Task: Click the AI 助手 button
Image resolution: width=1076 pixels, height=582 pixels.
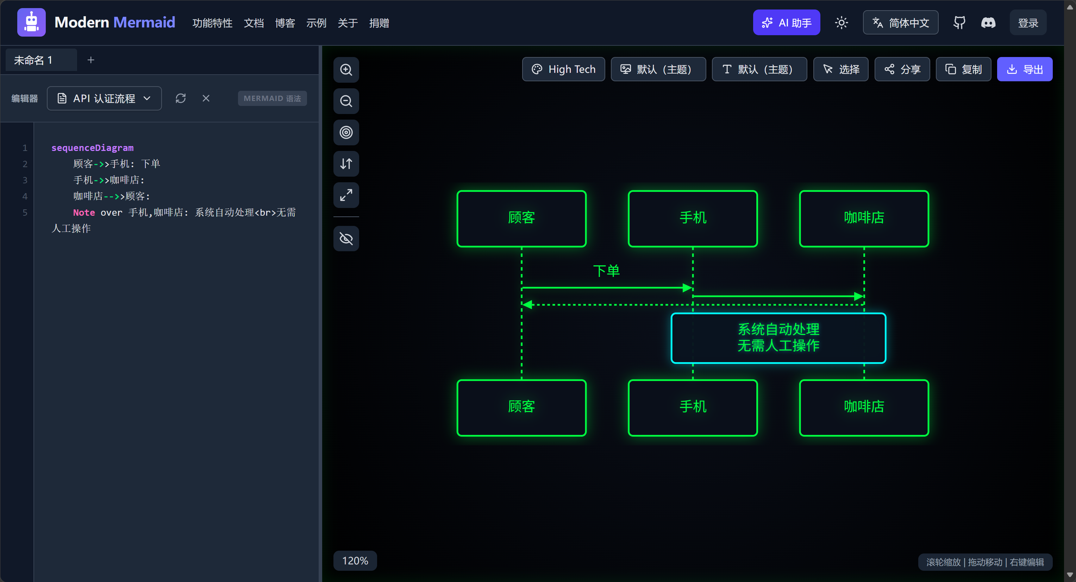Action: point(786,23)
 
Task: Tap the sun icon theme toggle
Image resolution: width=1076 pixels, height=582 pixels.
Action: point(841,23)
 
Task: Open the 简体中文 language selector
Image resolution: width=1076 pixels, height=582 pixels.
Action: point(901,23)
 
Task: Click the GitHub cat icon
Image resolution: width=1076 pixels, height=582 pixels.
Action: point(959,23)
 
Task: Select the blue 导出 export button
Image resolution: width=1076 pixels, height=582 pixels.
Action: point(1025,69)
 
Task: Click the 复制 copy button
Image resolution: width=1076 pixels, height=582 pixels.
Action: point(963,69)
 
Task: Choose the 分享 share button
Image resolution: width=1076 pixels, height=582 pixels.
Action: point(902,69)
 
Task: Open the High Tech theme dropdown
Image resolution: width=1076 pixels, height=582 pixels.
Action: point(563,69)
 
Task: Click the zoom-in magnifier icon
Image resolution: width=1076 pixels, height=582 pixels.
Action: point(346,70)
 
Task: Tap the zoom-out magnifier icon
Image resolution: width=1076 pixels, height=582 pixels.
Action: point(346,101)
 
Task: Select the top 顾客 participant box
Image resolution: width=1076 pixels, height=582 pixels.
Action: point(522,219)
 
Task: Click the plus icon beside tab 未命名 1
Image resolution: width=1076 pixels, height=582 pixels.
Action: point(90,60)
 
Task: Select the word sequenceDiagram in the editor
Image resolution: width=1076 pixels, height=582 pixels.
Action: point(92,148)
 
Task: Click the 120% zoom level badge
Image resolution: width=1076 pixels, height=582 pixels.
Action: point(355,561)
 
